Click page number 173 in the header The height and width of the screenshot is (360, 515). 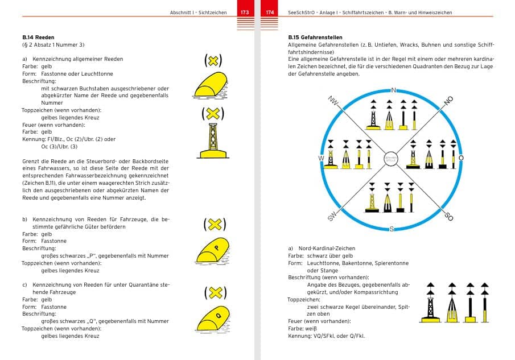(245, 12)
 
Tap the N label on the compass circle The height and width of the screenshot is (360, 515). (393, 90)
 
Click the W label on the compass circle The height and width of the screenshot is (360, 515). (321, 158)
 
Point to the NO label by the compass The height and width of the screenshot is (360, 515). (448, 100)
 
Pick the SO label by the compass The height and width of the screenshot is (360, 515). (448, 217)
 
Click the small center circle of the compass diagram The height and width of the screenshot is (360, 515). (391, 159)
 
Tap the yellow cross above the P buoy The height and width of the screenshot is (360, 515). (214, 224)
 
